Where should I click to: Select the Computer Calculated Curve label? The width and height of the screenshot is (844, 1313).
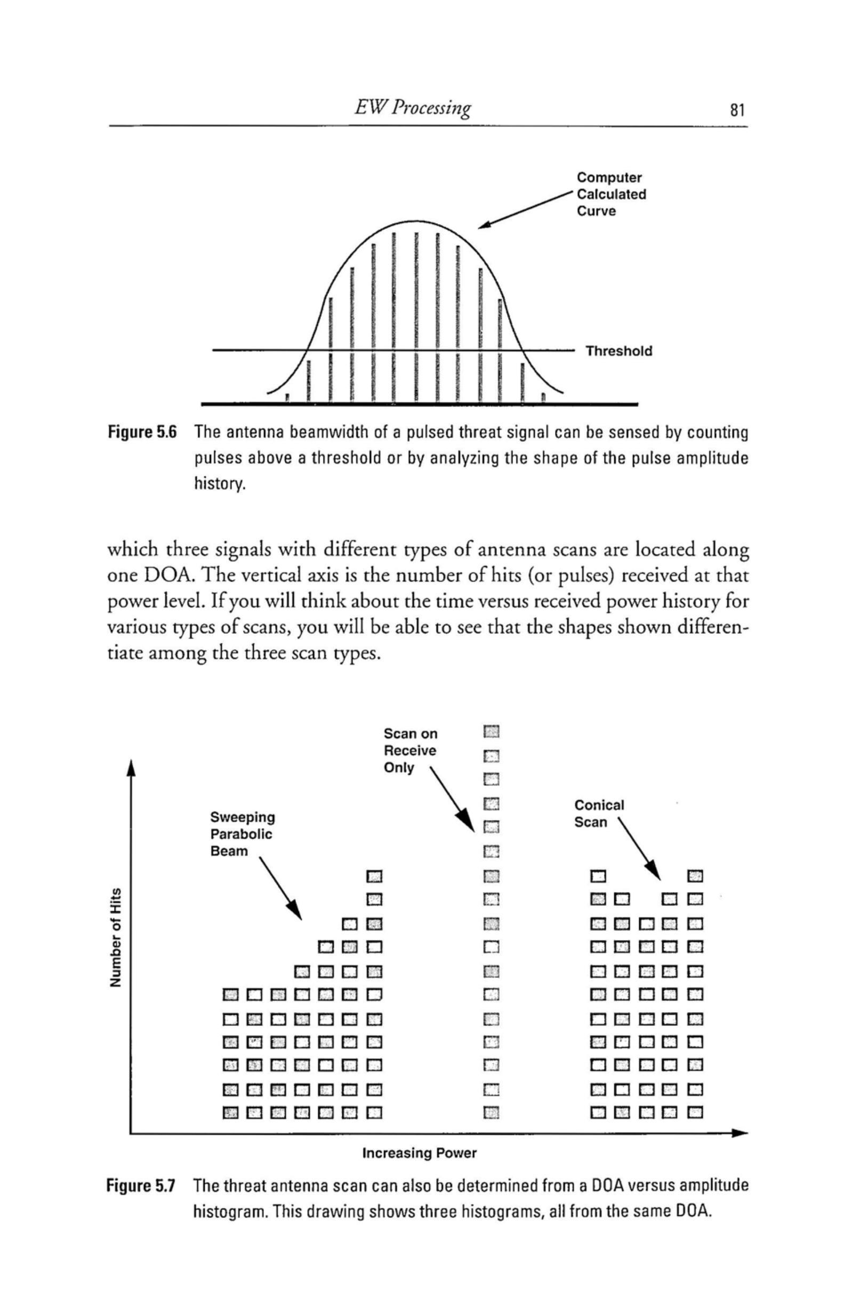(611, 194)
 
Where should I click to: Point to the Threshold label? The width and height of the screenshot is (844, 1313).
(619, 351)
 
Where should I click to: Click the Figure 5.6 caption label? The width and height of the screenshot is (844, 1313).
(142, 433)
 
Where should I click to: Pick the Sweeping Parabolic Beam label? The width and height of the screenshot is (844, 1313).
(242, 834)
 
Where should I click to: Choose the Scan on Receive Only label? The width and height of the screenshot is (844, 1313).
(411, 750)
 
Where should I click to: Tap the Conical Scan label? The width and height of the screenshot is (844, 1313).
(599, 814)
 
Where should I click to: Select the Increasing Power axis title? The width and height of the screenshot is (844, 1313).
(420, 1153)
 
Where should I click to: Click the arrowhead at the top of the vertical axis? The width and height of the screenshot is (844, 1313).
(130, 768)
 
